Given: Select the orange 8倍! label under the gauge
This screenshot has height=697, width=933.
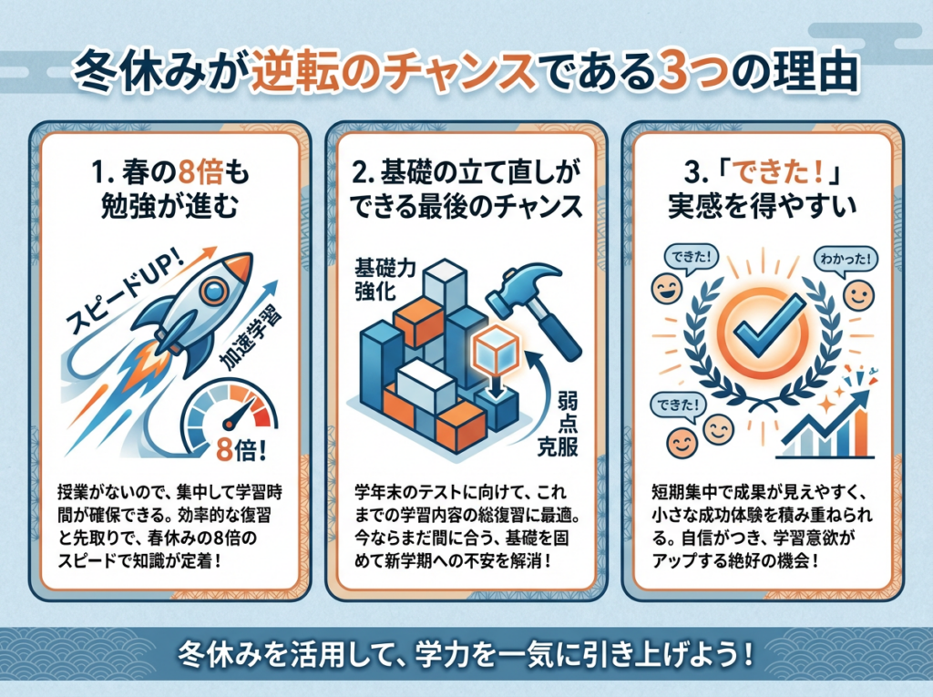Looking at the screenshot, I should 239,449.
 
